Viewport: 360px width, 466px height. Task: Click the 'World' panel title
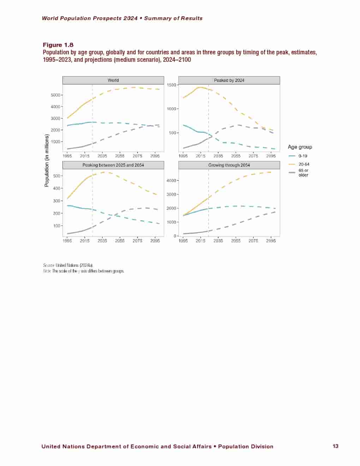[113, 80]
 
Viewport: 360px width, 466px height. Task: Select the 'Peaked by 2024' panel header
[229, 80]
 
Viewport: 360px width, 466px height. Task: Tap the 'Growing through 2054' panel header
[229, 165]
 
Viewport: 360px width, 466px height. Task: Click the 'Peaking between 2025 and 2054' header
[113, 165]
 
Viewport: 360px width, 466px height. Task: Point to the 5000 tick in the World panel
[55, 95]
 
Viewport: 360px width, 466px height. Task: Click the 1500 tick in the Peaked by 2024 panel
[171, 85]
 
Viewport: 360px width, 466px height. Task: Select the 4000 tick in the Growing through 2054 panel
[171, 181]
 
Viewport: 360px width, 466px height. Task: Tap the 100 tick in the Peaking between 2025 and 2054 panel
[57, 226]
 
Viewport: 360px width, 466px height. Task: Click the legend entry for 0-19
[303, 156]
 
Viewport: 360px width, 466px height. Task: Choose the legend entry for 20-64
[304, 164]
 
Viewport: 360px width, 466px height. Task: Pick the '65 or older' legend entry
[303, 173]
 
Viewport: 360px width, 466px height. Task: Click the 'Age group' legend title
[300, 147]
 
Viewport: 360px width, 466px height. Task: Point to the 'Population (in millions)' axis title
[47, 160]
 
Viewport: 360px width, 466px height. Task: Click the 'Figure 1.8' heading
[58, 45]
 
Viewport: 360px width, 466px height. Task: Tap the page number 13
[335, 446]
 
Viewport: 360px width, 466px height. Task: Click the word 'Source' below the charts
[48, 265]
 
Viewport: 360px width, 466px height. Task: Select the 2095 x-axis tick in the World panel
[155, 156]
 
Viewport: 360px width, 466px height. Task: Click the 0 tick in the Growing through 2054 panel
[175, 236]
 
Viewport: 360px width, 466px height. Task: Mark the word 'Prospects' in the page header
[108, 18]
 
